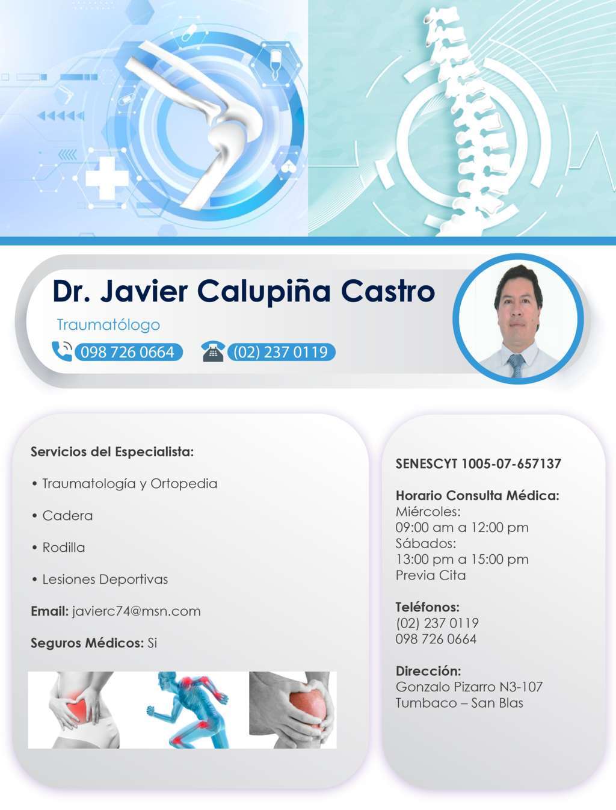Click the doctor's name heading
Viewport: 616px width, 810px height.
click(x=243, y=291)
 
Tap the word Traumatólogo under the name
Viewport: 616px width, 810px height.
click(x=108, y=325)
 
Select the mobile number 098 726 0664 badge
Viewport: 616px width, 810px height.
click(x=128, y=352)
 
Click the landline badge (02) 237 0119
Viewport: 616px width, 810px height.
click(x=281, y=352)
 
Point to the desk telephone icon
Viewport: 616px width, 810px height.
click(x=212, y=351)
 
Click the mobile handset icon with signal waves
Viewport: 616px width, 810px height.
click(x=61, y=351)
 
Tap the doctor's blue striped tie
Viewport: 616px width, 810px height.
click(x=516, y=365)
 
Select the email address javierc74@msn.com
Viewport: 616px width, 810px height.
click(x=137, y=611)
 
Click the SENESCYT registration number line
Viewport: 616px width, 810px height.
click(x=478, y=464)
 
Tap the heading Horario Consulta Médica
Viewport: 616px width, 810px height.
click(x=477, y=496)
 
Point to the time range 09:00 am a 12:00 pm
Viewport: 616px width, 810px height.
click(x=462, y=528)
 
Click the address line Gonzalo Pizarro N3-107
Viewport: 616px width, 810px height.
click(x=469, y=687)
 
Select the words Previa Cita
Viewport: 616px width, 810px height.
click(x=431, y=575)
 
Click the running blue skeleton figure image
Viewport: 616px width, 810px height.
click(x=188, y=710)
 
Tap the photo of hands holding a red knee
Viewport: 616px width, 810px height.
click(x=293, y=710)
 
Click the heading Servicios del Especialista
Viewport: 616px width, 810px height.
click(x=112, y=452)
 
